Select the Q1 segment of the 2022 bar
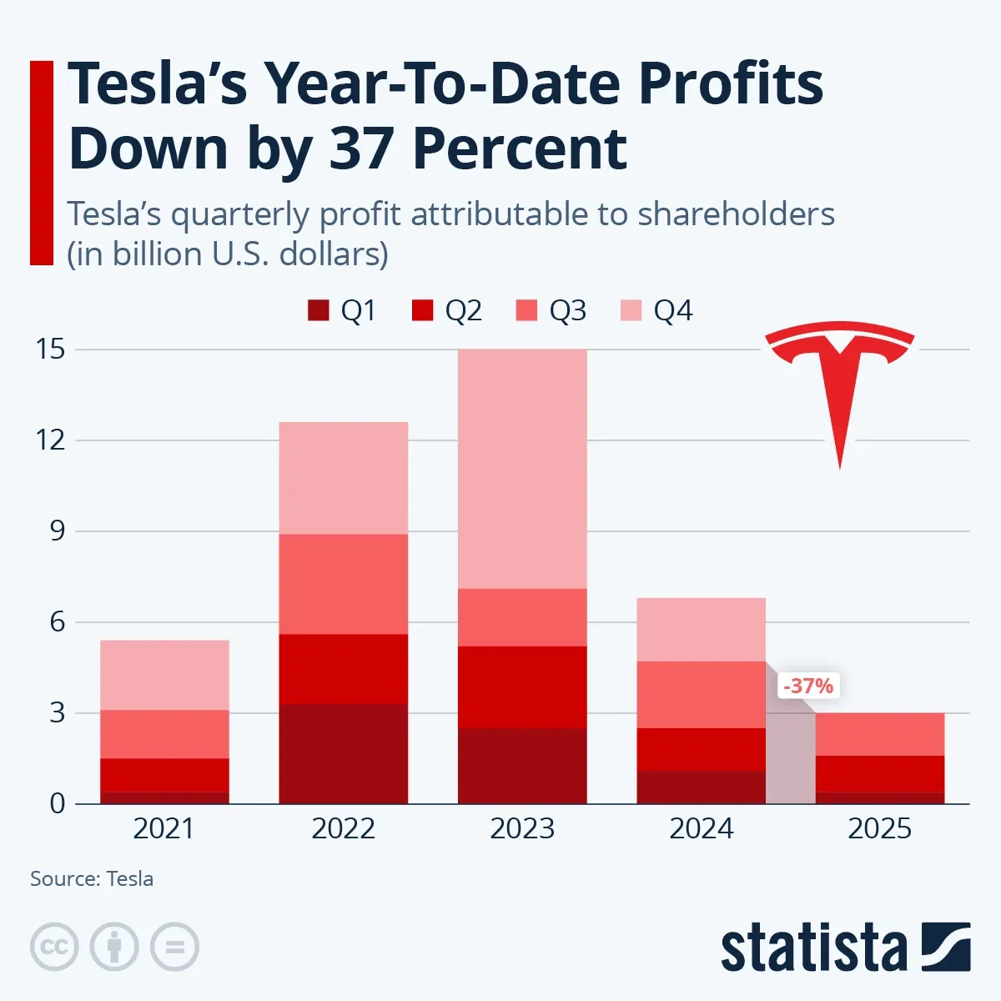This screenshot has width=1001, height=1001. click(x=343, y=753)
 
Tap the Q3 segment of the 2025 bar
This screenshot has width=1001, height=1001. click(x=879, y=734)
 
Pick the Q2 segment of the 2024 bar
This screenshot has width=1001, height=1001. click(x=701, y=749)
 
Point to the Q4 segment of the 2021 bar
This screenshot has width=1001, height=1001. click(x=164, y=675)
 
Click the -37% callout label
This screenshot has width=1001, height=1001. click(x=807, y=686)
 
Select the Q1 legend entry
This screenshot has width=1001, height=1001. click(x=342, y=310)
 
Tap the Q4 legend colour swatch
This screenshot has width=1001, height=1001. click(x=631, y=310)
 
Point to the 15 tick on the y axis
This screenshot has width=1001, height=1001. click(x=50, y=349)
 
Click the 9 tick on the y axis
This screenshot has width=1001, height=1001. click(x=57, y=531)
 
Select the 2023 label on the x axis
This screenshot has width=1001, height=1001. click(x=522, y=828)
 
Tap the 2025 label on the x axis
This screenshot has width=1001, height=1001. click(x=879, y=828)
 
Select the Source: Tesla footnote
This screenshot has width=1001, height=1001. click(x=92, y=878)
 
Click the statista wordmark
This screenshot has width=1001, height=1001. click(x=813, y=948)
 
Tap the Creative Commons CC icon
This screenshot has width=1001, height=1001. click(x=54, y=947)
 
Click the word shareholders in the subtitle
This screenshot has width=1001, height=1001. click(x=736, y=214)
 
